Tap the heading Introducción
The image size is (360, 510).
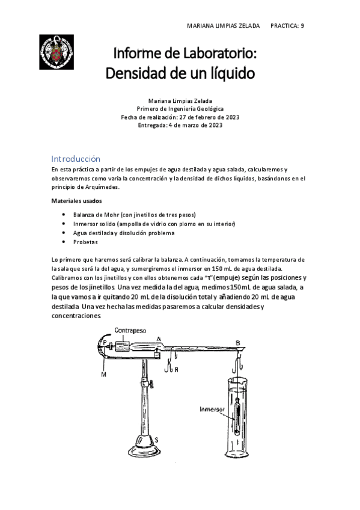pyautogui.click(x=76, y=159)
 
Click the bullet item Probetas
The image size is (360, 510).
pyautogui.click(x=85, y=242)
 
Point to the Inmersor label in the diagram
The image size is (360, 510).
pyautogui.click(x=212, y=409)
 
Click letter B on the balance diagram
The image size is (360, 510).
pyautogui.click(x=238, y=343)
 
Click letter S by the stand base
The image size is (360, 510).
pyautogui.click(x=157, y=440)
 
